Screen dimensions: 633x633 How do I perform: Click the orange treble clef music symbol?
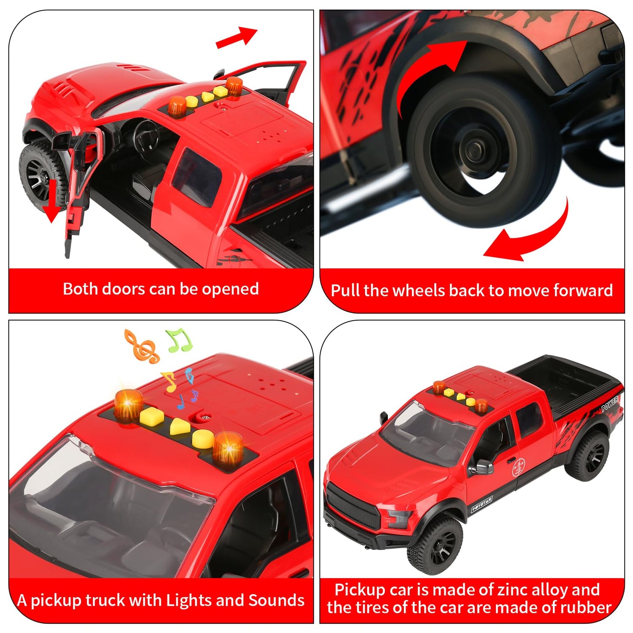coord(141,347)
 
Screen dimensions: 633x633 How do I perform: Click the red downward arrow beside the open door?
coord(53,202)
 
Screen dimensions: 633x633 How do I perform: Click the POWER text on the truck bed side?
coord(609,403)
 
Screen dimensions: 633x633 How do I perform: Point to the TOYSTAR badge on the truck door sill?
coord(482,504)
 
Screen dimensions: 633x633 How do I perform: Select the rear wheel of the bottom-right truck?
coord(587,456)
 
